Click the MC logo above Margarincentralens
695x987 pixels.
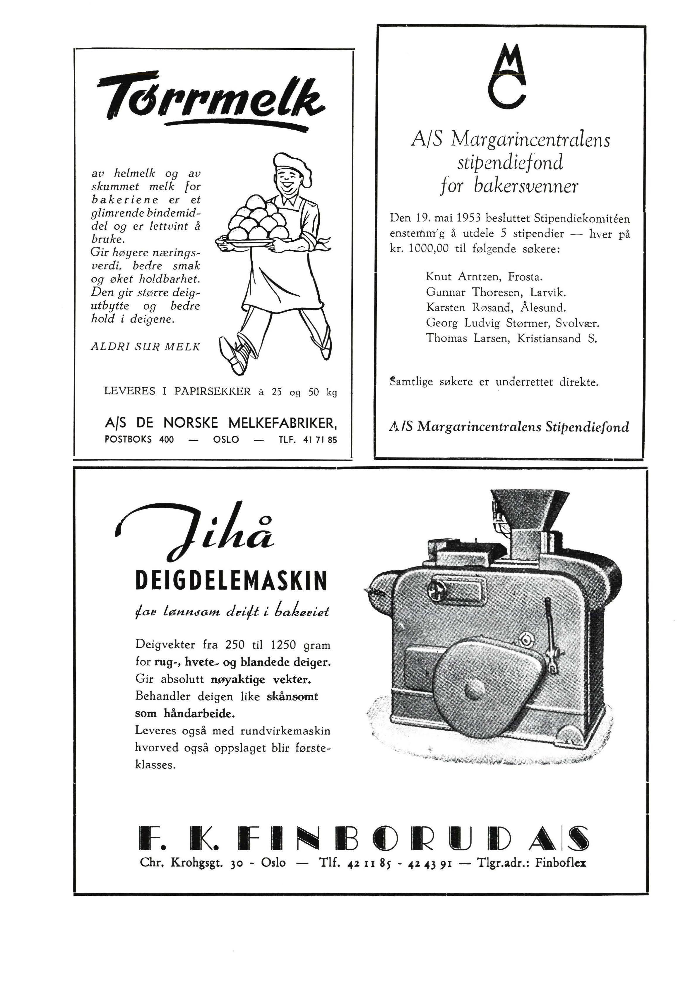[507, 75]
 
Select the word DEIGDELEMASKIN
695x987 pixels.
[231, 581]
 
